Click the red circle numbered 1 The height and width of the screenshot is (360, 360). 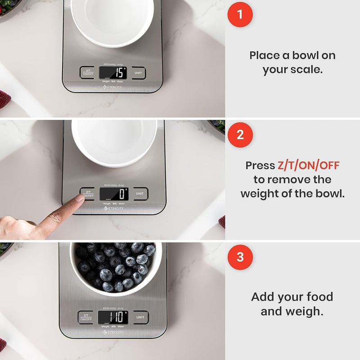click(x=240, y=14)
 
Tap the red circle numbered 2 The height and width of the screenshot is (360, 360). click(x=240, y=135)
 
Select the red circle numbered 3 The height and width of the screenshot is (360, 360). click(x=240, y=257)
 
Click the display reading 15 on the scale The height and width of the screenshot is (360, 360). click(x=112, y=72)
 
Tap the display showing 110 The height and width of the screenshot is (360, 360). click(x=112, y=316)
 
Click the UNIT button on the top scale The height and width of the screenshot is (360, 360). click(x=139, y=72)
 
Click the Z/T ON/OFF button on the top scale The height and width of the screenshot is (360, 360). click(x=87, y=72)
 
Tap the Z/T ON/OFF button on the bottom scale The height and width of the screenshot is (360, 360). click(x=85, y=317)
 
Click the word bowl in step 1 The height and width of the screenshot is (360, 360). click(x=307, y=56)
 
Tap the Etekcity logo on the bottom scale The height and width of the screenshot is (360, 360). click(x=113, y=333)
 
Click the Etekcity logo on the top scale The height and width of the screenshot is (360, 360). click(x=113, y=88)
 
